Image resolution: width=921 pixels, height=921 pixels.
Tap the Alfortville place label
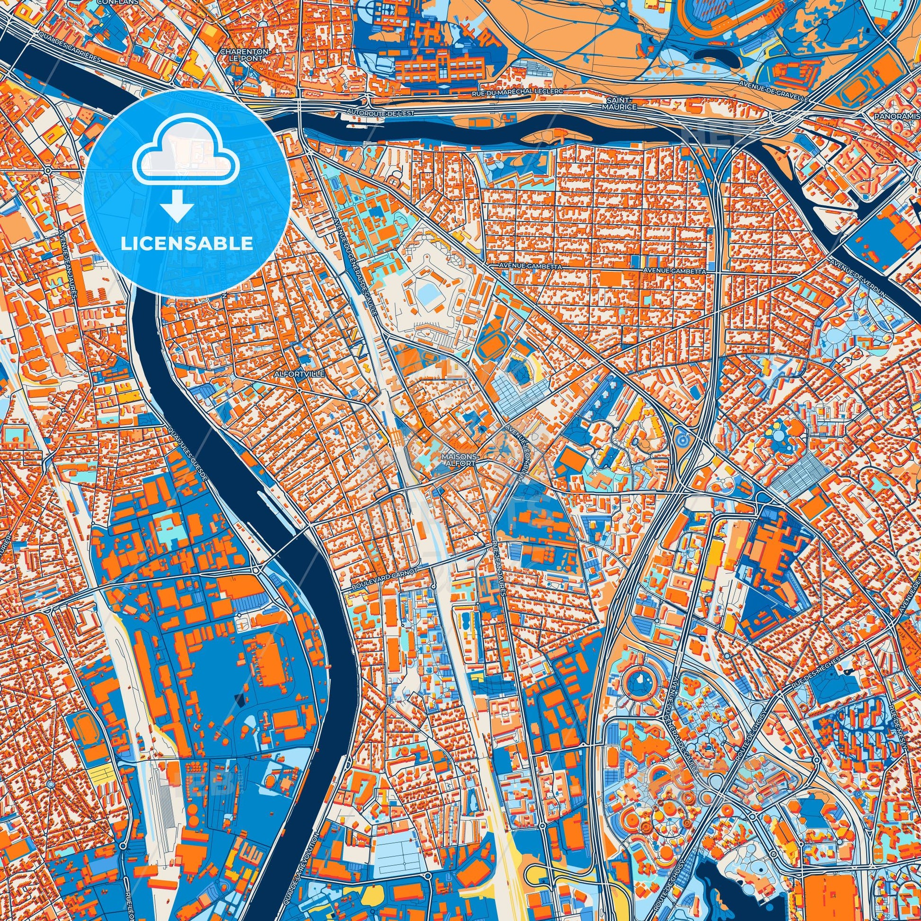(x=299, y=375)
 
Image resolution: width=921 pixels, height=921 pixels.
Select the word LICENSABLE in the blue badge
(x=187, y=243)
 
